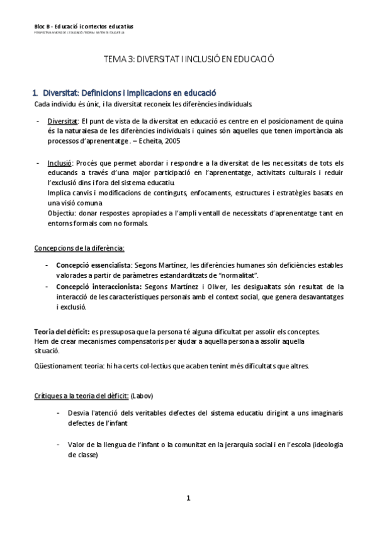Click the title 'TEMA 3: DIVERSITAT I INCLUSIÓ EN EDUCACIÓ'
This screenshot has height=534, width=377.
coord(188,59)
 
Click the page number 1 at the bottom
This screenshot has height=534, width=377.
coord(188,499)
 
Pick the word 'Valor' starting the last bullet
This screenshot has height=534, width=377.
coord(77,445)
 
